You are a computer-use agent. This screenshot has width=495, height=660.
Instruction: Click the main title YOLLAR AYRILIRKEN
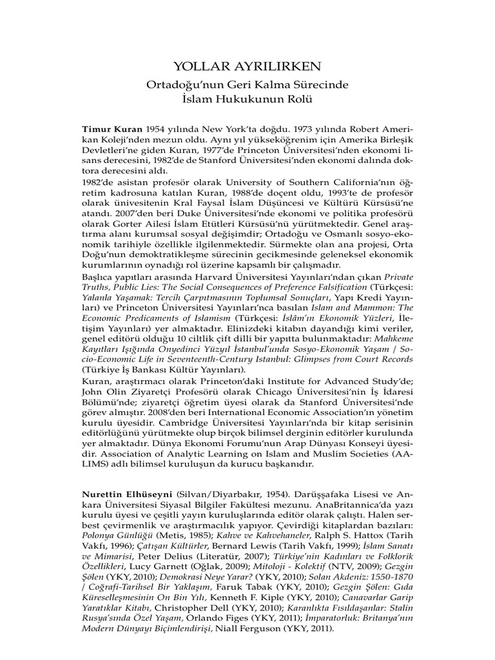coord(247,67)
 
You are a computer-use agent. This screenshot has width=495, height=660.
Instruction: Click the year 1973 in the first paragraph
coord(319,128)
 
